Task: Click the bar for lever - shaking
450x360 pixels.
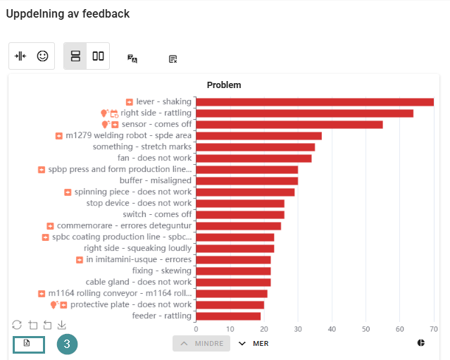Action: point(314,101)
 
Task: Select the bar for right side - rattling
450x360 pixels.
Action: point(304,113)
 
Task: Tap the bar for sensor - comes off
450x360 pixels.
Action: point(289,124)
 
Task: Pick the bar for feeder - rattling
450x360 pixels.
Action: point(228,316)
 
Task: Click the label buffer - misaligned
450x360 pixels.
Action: point(155,180)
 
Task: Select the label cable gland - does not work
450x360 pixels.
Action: point(138,282)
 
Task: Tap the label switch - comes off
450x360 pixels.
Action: point(157,214)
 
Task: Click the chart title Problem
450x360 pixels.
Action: point(224,85)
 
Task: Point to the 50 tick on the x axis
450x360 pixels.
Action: point(365,328)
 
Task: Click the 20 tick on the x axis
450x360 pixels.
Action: point(263,328)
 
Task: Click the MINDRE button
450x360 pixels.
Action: point(201,343)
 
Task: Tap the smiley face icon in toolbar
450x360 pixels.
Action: point(43,56)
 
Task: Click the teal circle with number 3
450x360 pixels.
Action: point(67,344)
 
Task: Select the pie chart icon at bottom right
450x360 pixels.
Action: point(421,343)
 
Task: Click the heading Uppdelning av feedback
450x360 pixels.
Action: point(68,13)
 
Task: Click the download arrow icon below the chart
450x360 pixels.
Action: point(62,325)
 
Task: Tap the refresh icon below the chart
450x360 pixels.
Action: point(17,325)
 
